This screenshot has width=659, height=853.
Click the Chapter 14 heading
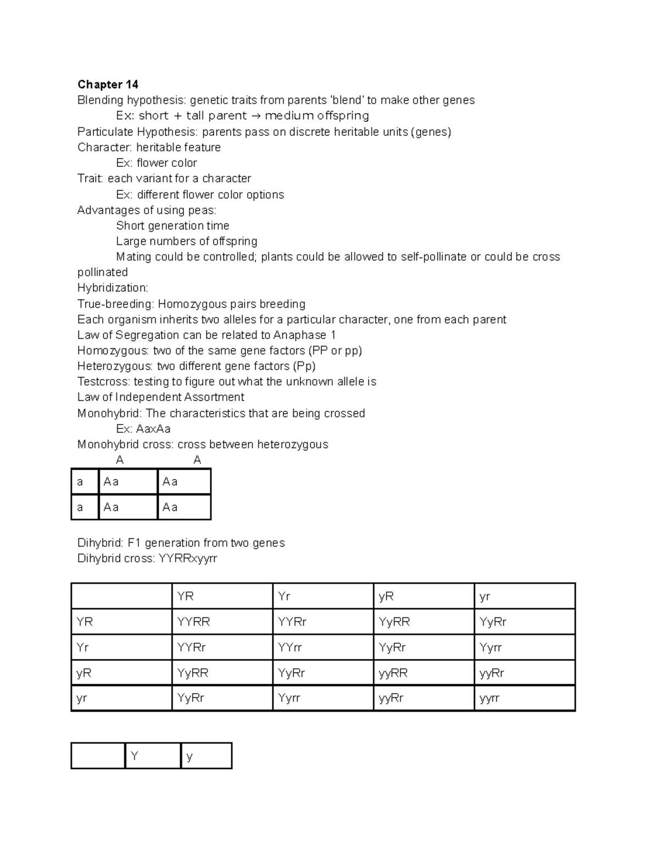pyautogui.click(x=108, y=85)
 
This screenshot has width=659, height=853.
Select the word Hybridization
pyautogui.click(x=112, y=288)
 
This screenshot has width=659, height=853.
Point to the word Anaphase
pyautogui.click(x=300, y=335)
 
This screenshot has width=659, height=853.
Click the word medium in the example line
pyautogui.click(x=289, y=115)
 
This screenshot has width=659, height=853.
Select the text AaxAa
pyautogui.click(x=153, y=429)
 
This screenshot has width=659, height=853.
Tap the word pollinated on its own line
pyautogui.click(x=102, y=272)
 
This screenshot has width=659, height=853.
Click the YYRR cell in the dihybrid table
pyautogui.click(x=193, y=622)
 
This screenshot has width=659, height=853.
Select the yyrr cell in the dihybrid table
pyautogui.click(x=489, y=698)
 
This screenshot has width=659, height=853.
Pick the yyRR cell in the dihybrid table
pyautogui.click(x=393, y=673)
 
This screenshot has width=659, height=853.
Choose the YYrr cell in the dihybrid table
pyautogui.click(x=290, y=648)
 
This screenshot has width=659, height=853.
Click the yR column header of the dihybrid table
pyautogui.click(x=386, y=596)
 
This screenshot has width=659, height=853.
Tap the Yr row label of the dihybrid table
pyautogui.click(x=83, y=648)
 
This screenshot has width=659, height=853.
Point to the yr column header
pyautogui.click(x=484, y=596)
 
